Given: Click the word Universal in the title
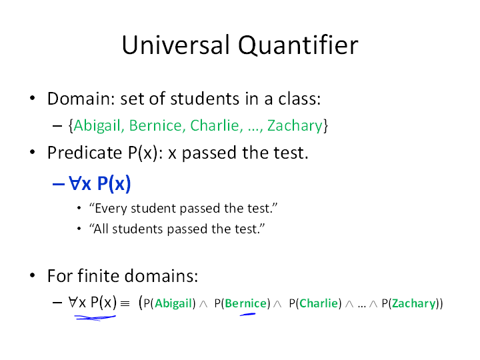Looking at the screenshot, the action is tap(176, 45).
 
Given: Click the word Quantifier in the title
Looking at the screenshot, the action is tap(298, 45).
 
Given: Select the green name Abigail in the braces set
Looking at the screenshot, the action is tap(97, 126).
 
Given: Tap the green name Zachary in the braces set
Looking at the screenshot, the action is tap(295, 126).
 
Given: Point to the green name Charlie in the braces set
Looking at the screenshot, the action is tap(215, 125).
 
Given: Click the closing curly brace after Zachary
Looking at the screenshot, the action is tap(326, 126).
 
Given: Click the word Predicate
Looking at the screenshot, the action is tap(85, 153).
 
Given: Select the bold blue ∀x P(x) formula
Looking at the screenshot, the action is tap(100, 184).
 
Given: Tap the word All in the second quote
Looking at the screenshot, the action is tap(101, 229).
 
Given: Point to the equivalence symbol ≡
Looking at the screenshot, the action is tap(125, 304).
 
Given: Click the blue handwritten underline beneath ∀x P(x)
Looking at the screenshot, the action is tap(95, 318).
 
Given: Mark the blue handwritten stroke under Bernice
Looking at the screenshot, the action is tap(247, 314).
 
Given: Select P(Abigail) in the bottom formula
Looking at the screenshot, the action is tap(169, 303).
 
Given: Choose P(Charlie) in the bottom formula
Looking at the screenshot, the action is tap(315, 303).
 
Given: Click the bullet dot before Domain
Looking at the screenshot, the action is tap(33, 98).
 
